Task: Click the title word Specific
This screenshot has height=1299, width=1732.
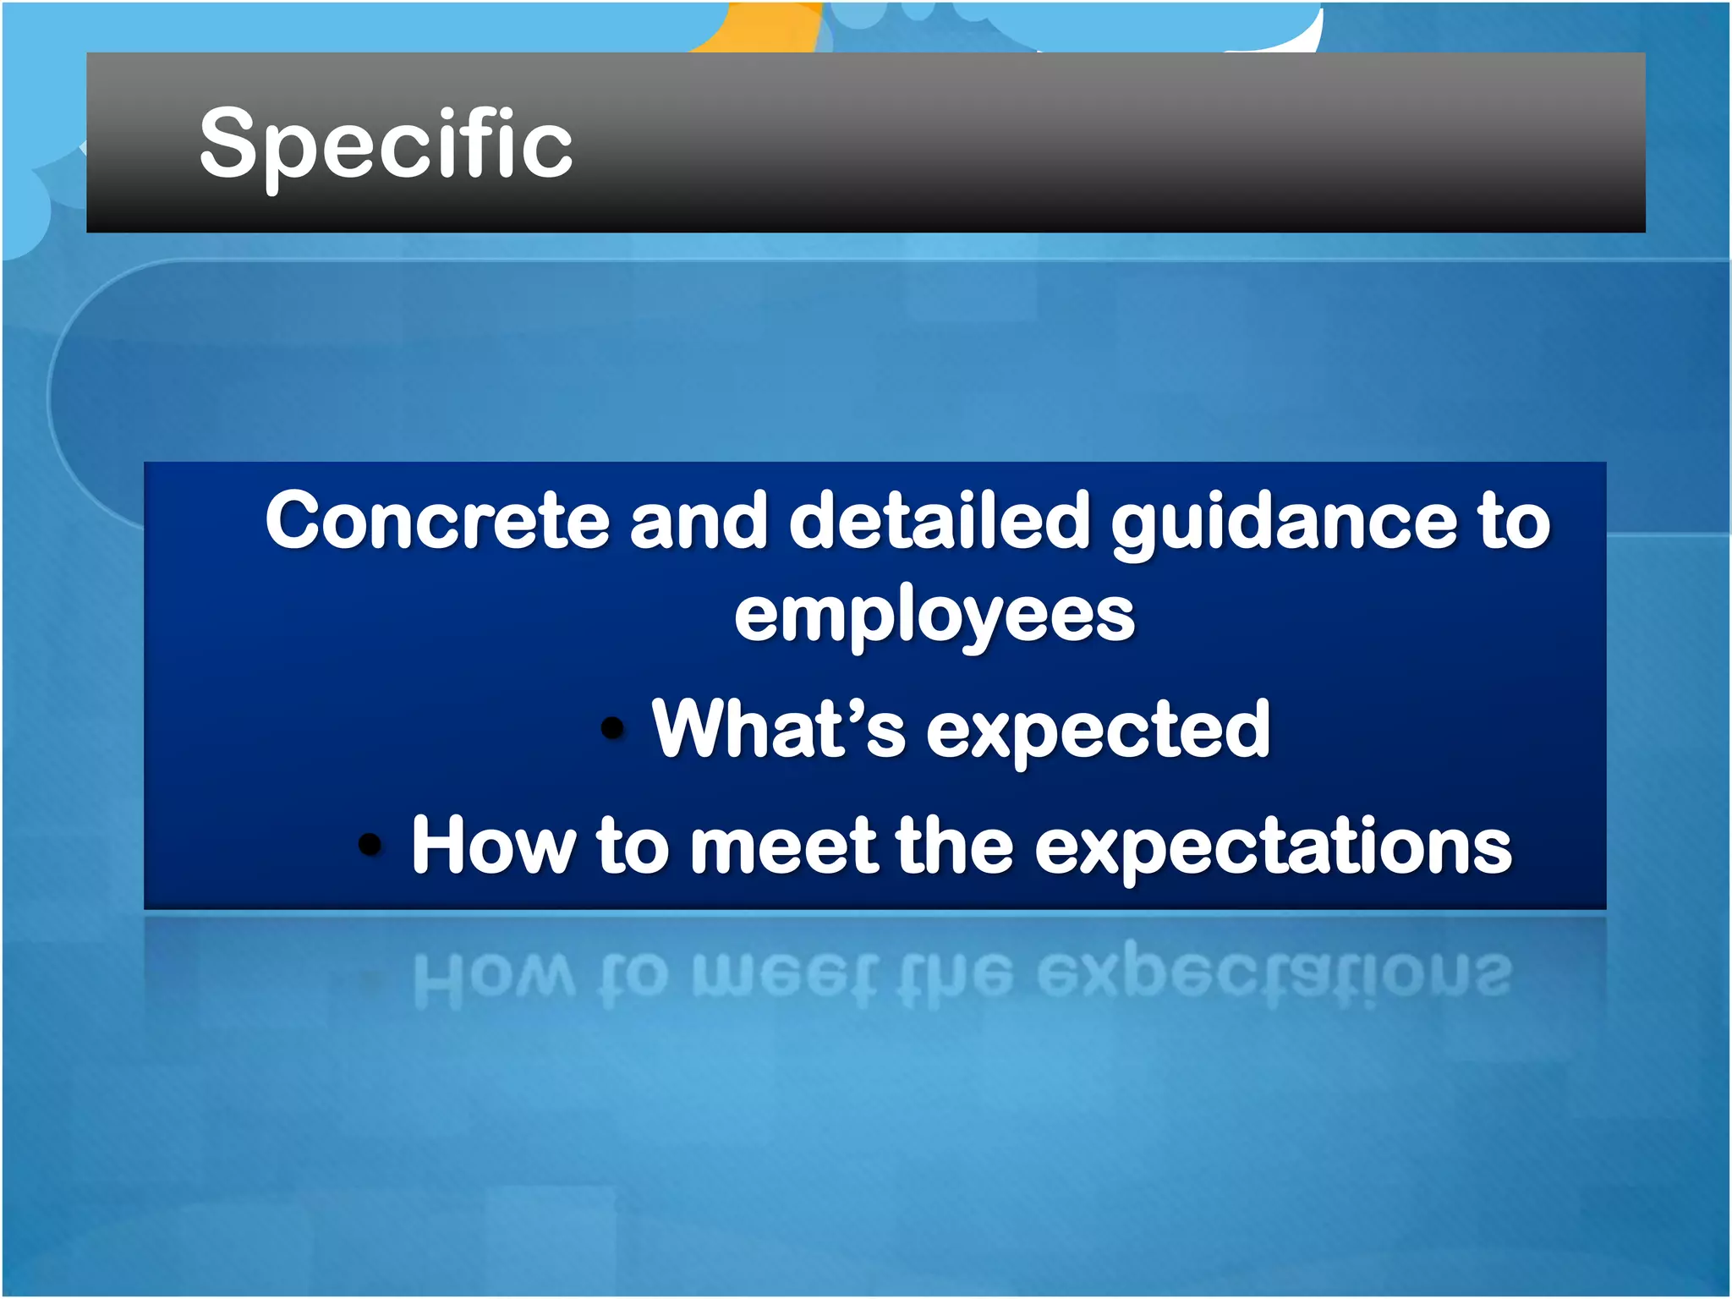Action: (386, 144)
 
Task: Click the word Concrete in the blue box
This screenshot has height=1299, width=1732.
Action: (436, 520)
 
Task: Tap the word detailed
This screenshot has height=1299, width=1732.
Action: (939, 520)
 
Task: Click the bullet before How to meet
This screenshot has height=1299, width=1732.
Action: (370, 843)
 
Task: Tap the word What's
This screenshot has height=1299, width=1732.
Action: (778, 729)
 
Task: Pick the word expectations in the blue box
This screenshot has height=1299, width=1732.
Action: (1273, 848)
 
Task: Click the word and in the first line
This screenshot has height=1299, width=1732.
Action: (699, 520)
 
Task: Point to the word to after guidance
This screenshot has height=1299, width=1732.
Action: (1514, 522)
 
